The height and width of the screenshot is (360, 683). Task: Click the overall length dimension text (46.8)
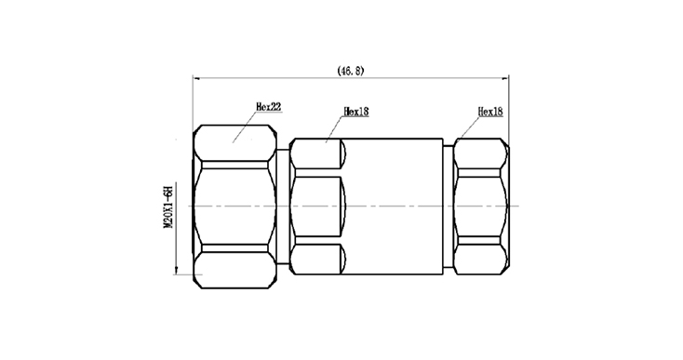[351, 71]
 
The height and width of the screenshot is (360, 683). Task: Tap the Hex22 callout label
[268, 107]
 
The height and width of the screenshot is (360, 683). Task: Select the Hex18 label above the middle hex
[355, 112]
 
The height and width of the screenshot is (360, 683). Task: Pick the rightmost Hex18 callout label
[490, 112]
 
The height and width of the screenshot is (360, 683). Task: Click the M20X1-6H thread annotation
[168, 207]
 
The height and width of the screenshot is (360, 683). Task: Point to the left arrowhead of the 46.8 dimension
[196, 79]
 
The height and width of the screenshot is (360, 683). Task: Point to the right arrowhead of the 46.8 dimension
[505, 79]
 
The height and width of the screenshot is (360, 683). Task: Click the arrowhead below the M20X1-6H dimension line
[176, 271]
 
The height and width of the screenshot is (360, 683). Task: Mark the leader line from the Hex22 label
[244, 127]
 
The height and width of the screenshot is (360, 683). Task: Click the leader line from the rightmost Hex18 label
[467, 129]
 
